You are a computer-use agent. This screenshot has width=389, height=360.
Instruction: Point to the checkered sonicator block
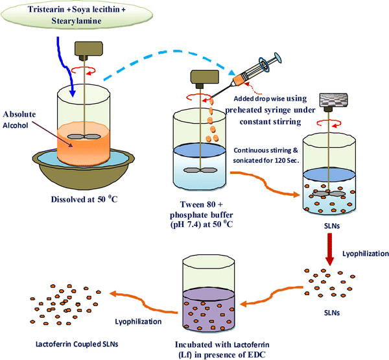click(337, 102)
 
